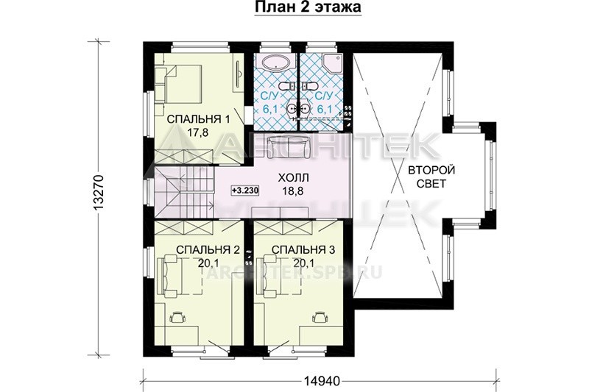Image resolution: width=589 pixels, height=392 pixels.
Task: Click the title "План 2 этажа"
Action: tap(308, 7)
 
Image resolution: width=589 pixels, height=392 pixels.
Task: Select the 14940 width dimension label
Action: tap(322, 382)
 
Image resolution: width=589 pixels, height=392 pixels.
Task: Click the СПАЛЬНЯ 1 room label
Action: tap(198, 119)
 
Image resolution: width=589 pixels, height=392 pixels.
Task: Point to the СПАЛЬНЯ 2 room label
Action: tap(208, 250)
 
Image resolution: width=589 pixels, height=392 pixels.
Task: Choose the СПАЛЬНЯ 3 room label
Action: tap(303, 250)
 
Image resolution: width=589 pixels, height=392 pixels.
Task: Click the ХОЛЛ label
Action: tap(292, 177)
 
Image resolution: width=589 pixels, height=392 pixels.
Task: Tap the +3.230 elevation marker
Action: tap(245, 190)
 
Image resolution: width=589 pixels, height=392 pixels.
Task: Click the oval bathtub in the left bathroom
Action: tap(275, 63)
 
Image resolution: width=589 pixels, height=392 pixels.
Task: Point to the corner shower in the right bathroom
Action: tap(333, 63)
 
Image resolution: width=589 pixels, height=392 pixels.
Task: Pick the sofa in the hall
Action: tap(288, 147)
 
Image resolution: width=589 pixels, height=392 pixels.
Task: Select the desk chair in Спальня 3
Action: tap(320, 318)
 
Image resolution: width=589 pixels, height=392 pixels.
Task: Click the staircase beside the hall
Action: tap(184, 192)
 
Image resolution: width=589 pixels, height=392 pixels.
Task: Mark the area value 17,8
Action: tap(198, 132)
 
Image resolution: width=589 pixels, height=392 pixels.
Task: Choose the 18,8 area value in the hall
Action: tap(293, 190)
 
